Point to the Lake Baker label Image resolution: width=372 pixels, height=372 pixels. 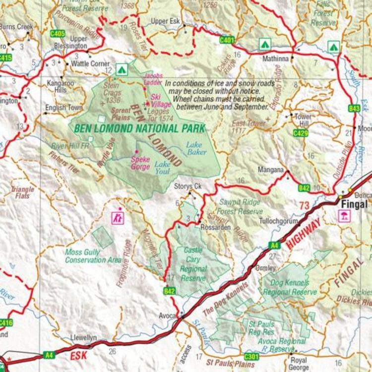[x=196, y=148]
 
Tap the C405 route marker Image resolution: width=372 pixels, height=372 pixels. [x=58, y=34]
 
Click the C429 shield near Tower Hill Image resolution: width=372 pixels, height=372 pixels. [x=300, y=133]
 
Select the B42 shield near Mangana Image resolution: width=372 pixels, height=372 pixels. [x=304, y=187]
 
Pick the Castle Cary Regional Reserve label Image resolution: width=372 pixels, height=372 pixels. [x=193, y=264]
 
